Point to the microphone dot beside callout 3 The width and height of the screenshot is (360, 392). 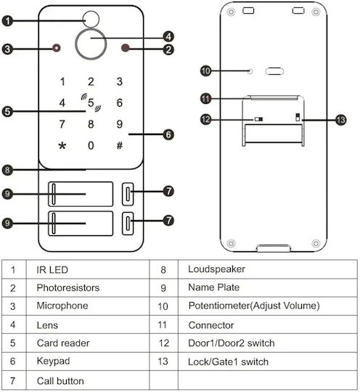57,48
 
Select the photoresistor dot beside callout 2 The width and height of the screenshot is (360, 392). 125,48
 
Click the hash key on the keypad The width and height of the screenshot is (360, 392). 120,145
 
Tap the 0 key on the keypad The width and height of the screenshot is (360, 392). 91,145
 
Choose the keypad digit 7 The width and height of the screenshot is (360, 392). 62,124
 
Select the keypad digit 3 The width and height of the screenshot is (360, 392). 120,81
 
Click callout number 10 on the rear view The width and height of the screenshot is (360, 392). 205,71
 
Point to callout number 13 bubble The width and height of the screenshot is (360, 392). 341,120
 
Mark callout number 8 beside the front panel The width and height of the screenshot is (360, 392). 7,171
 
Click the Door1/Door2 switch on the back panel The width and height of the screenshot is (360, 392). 258,119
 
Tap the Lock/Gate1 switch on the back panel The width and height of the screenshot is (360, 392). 298,117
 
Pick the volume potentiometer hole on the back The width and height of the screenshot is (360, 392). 250,71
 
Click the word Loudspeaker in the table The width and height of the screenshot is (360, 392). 216,269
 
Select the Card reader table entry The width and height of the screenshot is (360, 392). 63,343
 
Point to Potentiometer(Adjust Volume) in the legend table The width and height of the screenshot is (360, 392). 254,306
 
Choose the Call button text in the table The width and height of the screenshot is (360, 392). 60,381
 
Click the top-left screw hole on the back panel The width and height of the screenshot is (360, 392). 231,12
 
